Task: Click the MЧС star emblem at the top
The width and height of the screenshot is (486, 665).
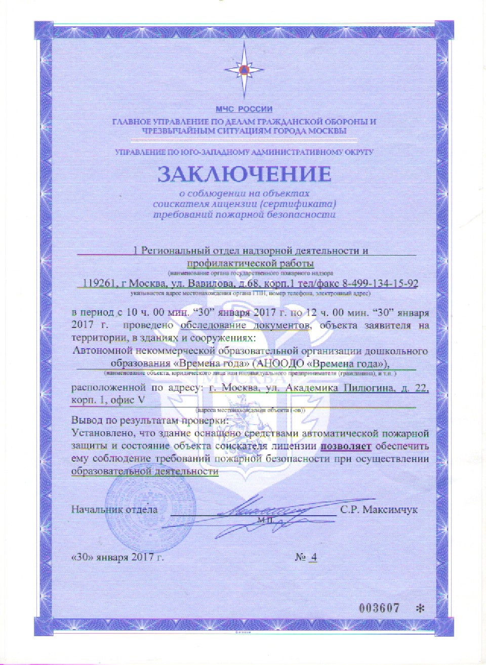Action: click(244, 69)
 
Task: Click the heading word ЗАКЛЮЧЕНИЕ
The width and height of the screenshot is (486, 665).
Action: click(244, 174)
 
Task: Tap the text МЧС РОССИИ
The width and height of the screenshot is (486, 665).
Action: click(244, 109)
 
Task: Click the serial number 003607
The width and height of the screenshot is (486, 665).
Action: click(379, 608)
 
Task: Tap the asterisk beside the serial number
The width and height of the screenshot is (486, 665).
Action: click(419, 608)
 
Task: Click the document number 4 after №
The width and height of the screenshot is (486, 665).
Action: click(314, 557)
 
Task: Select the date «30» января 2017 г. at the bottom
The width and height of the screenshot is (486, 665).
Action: click(118, 557)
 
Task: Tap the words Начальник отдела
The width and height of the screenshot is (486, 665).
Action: click(114, 509)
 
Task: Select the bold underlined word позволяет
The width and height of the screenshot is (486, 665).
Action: click(346, 446)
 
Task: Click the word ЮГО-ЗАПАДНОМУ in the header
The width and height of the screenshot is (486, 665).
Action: click(211, 151)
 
